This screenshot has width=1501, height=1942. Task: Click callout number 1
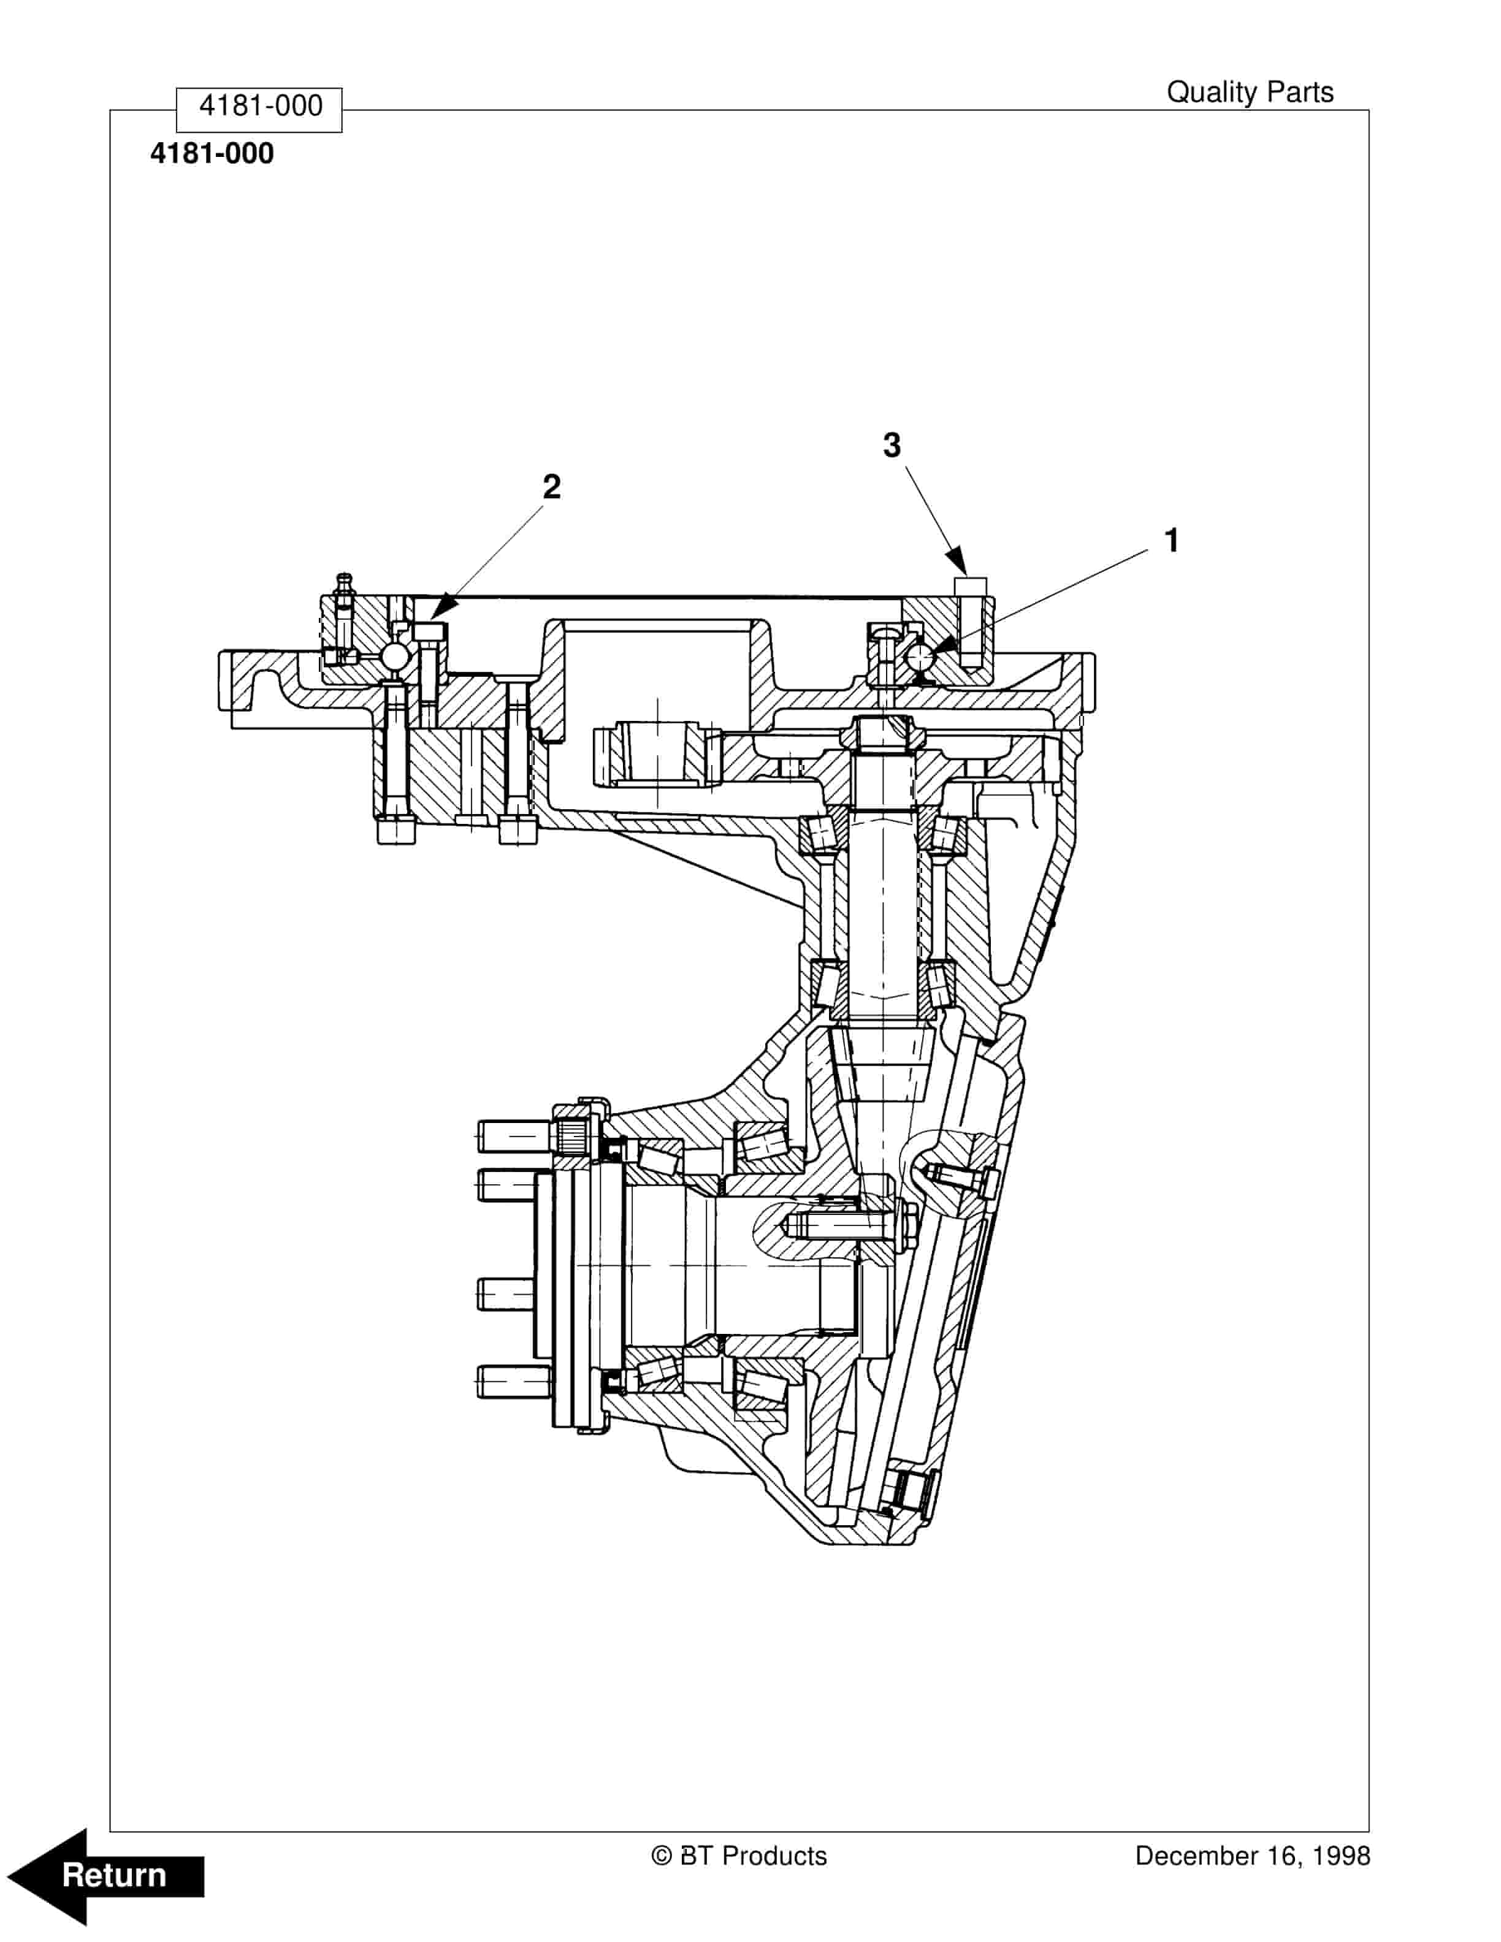[1171, 541]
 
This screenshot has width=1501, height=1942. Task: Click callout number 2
[551, 487]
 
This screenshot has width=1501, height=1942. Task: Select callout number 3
[891, 446]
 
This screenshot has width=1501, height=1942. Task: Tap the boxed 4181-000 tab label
[259, 107]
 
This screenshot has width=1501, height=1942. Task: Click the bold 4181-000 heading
[212, 154]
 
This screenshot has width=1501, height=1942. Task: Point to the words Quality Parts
[1250, 93]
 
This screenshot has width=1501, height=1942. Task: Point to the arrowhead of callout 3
[958, 564]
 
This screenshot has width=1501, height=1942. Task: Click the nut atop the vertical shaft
[879, 734]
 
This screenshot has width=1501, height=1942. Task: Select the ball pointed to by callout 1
[919, 658]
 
